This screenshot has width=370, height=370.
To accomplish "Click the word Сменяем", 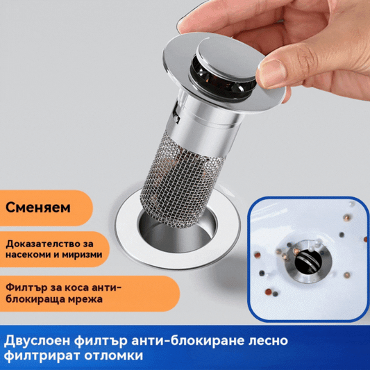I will [37, 207].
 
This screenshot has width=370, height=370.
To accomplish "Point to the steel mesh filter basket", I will [178, 174].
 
